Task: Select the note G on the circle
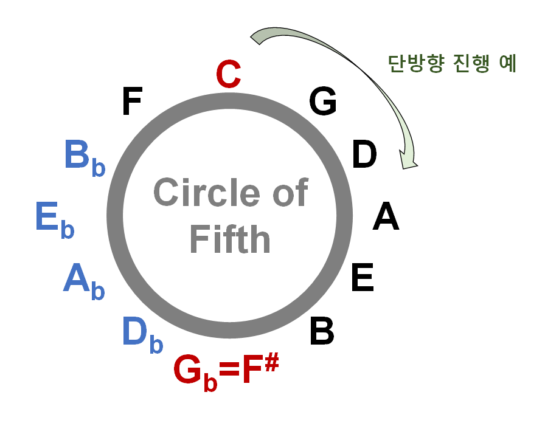(322, 101)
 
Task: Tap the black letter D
(364, 154)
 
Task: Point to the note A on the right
(386, 217)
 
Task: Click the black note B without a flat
(322, 332)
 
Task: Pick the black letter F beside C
(131, 101)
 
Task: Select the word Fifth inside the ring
(230, 239)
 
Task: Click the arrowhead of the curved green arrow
(407, 159)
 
